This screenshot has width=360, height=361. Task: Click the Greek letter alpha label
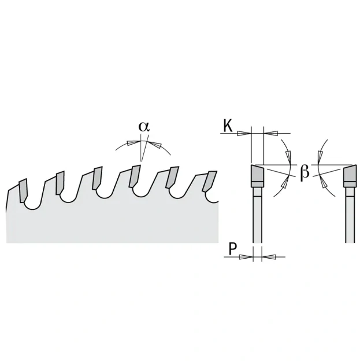(x=144, y=127)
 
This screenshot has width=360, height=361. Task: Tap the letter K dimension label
(x=228, y=126)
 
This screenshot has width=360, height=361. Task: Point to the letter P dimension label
(x=233, y=249)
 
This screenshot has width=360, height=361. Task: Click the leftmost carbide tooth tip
(x=24, y=191)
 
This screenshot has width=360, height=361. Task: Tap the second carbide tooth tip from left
(x=60, y=183)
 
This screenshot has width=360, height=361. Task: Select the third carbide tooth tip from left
(x=97, y=178)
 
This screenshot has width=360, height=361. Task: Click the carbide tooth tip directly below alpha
(x=135, y=176)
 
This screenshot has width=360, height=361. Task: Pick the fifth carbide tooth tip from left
(x=173, y=177)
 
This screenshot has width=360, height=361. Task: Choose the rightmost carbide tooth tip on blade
(x=209, y=182)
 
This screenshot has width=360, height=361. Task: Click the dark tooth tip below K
(x=257, y=174)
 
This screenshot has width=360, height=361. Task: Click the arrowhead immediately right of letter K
(x=244, y=133)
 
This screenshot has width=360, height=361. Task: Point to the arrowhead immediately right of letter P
(x=246, y=257)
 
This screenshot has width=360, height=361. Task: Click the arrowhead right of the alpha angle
(x=155, y=144)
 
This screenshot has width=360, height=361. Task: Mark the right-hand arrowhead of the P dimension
(x=269, y=257)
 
